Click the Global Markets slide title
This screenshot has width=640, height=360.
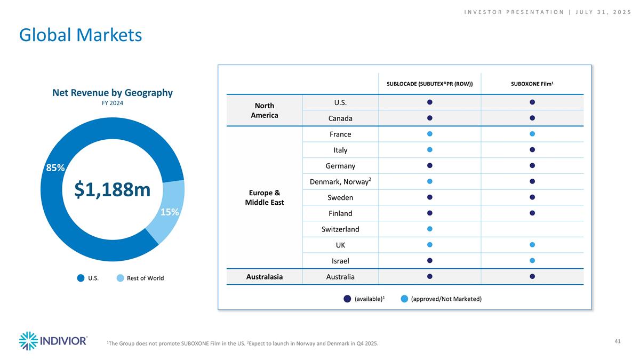pos(81,35)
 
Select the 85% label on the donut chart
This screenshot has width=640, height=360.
pos(55,167)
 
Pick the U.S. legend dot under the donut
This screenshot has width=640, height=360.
pos(81,278)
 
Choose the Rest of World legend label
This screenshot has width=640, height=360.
pos(145,278)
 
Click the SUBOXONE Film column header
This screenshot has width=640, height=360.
pos(532,84)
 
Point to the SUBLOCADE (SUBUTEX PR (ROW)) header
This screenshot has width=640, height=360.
pos(429,84)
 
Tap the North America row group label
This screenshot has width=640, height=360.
pos(264,110)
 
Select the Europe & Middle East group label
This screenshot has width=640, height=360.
pos(264,197)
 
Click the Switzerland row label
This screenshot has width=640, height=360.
pos(340,229)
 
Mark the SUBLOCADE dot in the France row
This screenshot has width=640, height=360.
pos(429,133)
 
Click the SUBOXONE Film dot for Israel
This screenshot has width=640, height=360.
pos(532,261)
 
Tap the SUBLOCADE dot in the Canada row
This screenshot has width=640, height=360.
pos(429,118)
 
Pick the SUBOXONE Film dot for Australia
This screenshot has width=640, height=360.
pos(532,276)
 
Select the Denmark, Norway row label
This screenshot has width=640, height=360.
pos(340,182)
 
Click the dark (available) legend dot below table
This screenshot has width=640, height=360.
pos(347,299)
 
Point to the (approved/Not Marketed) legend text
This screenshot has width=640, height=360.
pos(446,299)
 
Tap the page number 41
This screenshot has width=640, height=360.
pos(618,341)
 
